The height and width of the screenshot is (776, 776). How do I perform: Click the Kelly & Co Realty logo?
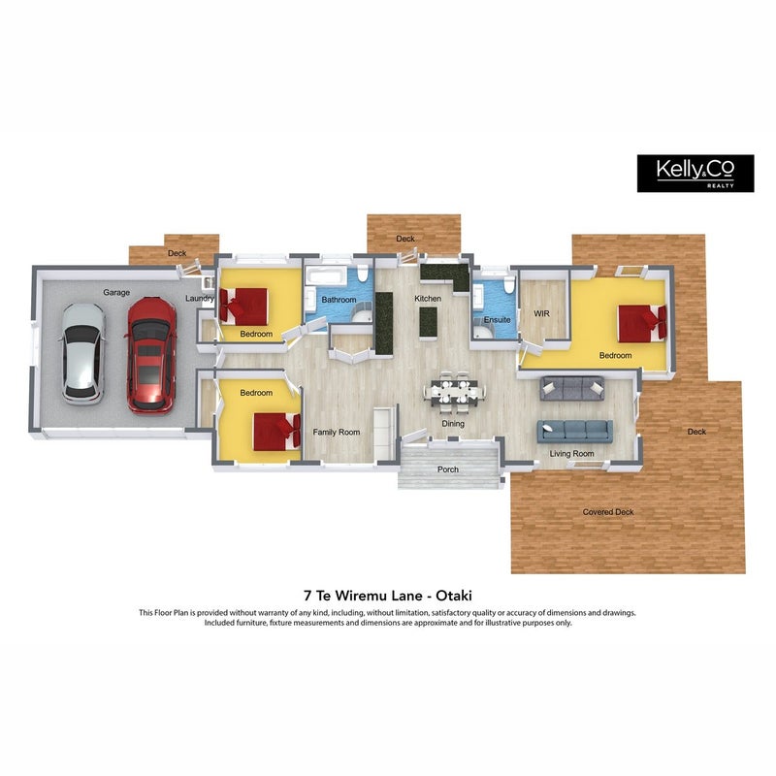pyautogui.click(x=695, y=174)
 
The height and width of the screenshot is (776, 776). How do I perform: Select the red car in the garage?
pyautogui.click(x=151, y=355)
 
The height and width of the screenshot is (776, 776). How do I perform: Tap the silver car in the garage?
pyautogui.click(x=83, y=353)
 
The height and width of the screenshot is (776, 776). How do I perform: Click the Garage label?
pyautogui.click(x=116, y=293)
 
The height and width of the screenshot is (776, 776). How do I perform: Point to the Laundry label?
pyautogui.click(x=200, y=299)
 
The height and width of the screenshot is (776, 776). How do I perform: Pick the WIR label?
pyautogui.click(x=541, y=313)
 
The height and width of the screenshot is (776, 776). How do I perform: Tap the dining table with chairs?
pyautogui.click(x=455, y=391)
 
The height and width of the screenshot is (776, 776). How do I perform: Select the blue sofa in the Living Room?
pyautogui.click(x=575, y=431)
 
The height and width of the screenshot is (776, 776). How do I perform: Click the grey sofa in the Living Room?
pyautogui.click(x=572, y=389)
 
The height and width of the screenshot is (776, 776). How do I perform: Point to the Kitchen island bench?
pyautogui.click(x=428, y=323)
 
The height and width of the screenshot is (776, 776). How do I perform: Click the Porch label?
pyautogui.click(x=448, y=469)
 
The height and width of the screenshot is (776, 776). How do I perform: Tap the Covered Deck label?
pyautogui.click(x=608, y=512)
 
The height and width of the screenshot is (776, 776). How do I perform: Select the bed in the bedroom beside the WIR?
pyautogui.click(x=642, y=323)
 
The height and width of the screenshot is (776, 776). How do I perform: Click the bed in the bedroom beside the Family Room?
pyautogui.click(x=277, y=432)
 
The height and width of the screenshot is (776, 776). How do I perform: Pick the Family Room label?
pyautogui.click(x=337, y=432)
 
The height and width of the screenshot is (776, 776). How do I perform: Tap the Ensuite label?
pyautogui.click(x=497, y=320)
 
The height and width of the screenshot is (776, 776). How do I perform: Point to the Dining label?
pyautogui.click(x=453, y=424)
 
